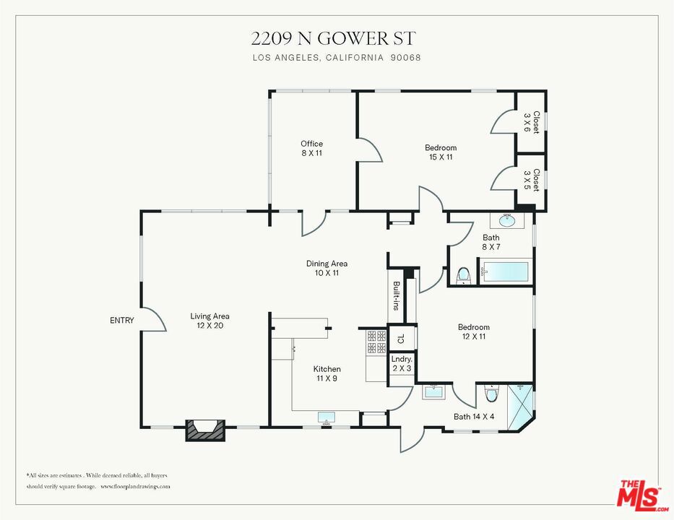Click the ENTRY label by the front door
click(x=122, y=320)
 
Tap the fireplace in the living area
click(x=205, y=430)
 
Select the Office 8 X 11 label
click(x=311, y=148)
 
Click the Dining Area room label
click(x=327, y=268)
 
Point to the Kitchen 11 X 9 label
click(x=327, y=373)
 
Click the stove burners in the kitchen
click(x=376, y=342)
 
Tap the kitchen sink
click(x=327, y=417)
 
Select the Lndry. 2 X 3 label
click(x=402, y=363)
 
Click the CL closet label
click(x=402, y=339)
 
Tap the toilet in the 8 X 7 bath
click(x=463, y=276)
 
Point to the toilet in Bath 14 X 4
click(x=491, y=393)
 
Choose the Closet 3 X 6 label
click(x=532, y=123)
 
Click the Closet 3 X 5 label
click(x=532, y=180)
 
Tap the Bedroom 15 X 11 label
click(x=441, y=152)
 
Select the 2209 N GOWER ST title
click(x=333, y=39)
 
